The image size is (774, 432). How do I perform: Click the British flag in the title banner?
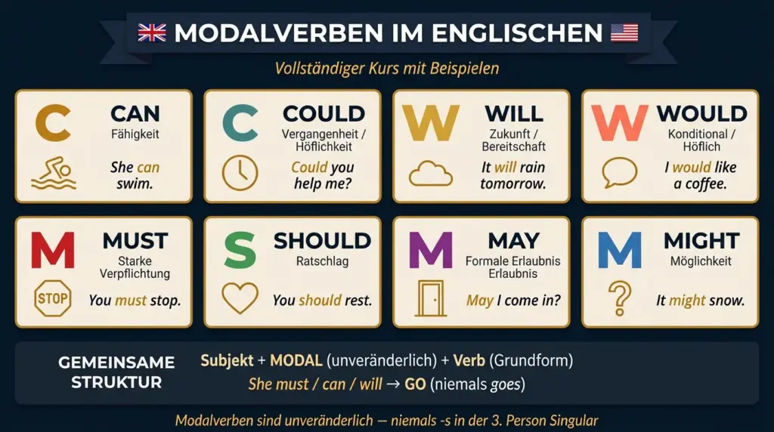click(152, 33)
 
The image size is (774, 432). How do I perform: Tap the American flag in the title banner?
click(624, 33)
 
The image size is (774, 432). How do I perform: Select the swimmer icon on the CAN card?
click(53, 173)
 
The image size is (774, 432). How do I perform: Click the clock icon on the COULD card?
click(240, 172)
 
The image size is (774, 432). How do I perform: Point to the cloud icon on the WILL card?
click(430, 174)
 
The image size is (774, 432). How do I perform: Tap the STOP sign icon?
click(52, 299)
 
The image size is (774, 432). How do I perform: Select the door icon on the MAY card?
click(430, 298)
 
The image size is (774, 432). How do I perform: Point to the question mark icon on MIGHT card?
click(620, 298)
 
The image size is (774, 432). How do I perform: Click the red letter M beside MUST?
click(52, 250)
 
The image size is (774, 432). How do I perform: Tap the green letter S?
click(240, 250)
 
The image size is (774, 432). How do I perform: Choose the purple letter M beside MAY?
click(430, 250)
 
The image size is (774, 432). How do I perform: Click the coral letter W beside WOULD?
click(619, 123)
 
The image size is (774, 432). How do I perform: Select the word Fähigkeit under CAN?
click(135, 134)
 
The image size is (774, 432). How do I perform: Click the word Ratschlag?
click(322, 261)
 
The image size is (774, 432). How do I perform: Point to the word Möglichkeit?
click(701, 261)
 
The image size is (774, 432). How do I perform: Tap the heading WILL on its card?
click(513, 114)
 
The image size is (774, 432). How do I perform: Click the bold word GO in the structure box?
click(415, 384)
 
